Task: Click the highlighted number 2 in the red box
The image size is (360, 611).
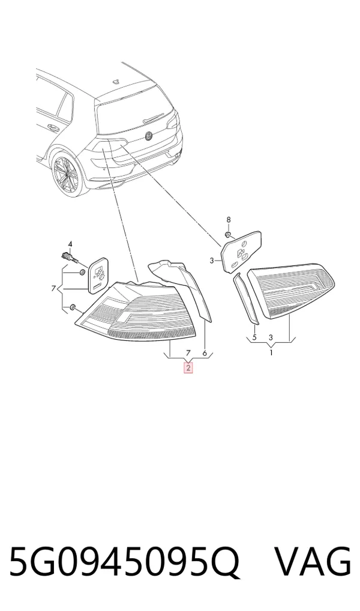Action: click(188, 367)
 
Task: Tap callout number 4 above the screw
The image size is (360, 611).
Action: click(70, 244)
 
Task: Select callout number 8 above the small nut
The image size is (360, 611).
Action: click(229, 220)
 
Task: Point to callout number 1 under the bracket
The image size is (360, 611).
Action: click(271, 353)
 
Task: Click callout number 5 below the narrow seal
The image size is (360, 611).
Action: click(254, 337)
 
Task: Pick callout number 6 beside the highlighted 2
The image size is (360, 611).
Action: click(205, 354)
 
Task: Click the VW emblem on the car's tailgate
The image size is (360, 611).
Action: click(149, 136)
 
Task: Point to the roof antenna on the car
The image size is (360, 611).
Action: click(115, 81)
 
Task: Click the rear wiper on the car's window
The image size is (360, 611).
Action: click(158, 116)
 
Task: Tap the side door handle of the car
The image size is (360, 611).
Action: click(50, 127)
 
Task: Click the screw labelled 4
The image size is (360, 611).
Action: click(70, 257)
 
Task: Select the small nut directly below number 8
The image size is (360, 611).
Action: click(229, 235)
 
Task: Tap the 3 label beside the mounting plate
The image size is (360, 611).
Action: click(212, 260)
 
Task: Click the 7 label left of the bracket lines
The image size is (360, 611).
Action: click(53, 289)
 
